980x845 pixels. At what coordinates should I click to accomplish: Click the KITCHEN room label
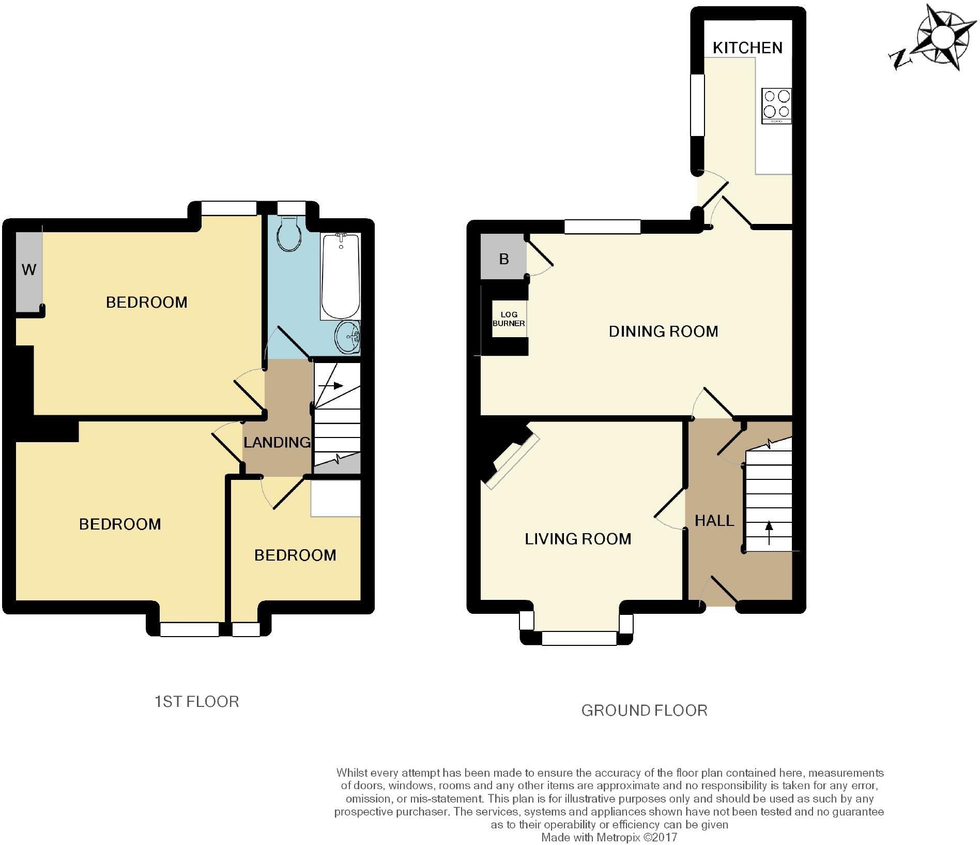point(747,48)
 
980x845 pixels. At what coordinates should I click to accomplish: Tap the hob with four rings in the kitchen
point(776,106)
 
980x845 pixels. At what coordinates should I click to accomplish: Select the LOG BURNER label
point(509,319)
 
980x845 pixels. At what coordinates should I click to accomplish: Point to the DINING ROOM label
point(663,331)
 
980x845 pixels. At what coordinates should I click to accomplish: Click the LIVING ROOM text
point(578,539)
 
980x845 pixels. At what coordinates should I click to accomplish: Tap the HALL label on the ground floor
point(714,520)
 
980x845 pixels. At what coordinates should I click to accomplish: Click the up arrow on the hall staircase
point(769,533)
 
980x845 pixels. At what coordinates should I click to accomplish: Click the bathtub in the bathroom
point(341,277)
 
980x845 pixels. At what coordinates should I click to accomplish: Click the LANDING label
point(277,442)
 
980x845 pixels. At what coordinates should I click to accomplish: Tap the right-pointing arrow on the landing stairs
point(331,386)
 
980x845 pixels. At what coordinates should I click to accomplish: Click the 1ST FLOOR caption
point(197,701)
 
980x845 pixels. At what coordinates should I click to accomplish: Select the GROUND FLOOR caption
point(644,710)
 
